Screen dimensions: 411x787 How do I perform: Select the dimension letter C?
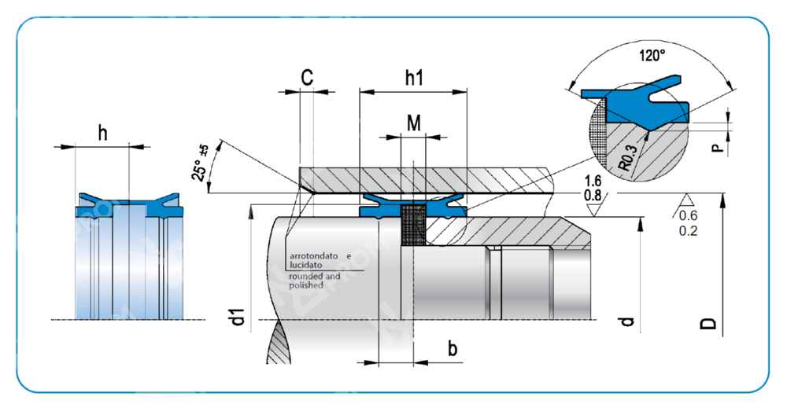308,77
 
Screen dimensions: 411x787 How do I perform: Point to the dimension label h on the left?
103,133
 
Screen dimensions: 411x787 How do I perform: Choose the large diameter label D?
709,321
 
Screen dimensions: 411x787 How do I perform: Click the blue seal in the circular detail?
641,102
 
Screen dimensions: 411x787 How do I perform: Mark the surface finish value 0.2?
688,231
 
